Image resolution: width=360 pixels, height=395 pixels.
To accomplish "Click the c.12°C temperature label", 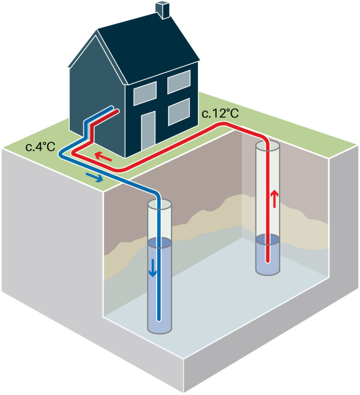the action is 220,113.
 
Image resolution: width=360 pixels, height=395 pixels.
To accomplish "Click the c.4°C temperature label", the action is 40,146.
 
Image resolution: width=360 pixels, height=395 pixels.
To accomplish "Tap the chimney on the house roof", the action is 163,10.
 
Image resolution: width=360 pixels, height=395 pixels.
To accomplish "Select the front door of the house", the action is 148,130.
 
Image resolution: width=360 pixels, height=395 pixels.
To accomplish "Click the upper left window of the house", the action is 145,93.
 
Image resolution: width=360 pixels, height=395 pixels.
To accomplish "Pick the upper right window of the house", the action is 179,82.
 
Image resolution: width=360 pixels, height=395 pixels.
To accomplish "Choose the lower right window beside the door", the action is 179,112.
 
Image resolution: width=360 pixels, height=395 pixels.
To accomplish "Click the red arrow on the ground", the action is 103,157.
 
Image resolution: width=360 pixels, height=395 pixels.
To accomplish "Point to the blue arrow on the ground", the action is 94,177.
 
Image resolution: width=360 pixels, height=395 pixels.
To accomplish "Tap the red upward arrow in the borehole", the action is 275,199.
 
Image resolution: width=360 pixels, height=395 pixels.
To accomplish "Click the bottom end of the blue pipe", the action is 158,320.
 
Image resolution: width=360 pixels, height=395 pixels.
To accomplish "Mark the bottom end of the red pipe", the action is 268,261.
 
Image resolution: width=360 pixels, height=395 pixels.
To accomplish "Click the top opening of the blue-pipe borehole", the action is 160,205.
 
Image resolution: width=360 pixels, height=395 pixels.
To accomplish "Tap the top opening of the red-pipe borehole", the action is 268,146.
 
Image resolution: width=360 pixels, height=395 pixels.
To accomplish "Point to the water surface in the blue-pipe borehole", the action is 160,243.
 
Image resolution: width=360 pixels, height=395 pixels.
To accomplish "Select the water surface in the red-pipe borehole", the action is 268,240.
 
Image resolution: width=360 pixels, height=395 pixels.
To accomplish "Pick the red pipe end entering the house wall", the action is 117,111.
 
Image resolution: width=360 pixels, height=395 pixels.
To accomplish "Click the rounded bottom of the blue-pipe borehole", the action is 160,330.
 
